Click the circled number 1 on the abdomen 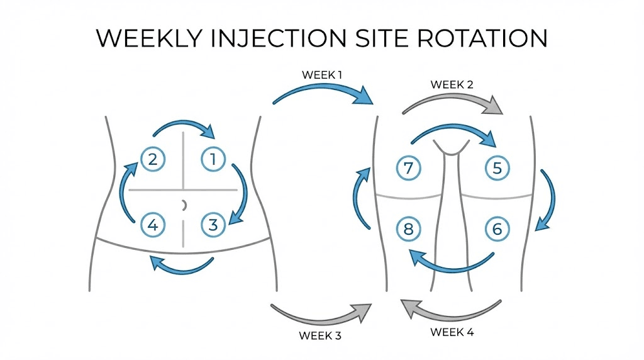tap(213, 159)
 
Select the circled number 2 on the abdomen tap(152, 159)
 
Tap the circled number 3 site tap(213, 224)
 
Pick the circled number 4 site tap(152, 224)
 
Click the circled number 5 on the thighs tap(497, 168)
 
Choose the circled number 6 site tap(497, 229)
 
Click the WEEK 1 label tap(322, 75)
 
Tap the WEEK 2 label tap(452, 84)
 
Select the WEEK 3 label tap(320, 335)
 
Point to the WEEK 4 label tap(452, 331)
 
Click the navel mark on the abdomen tap(184, 205)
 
